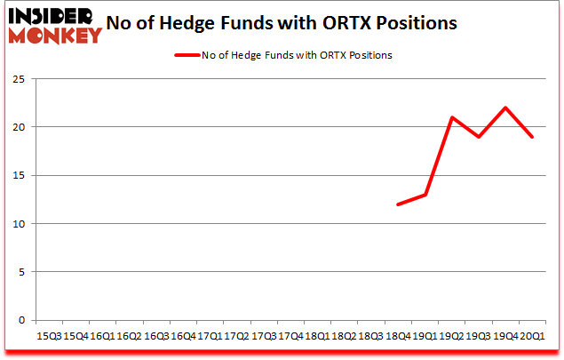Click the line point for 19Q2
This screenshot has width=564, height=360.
[452, 117]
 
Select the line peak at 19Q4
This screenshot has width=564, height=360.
[505, 108]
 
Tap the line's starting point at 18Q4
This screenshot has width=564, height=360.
[398, 204]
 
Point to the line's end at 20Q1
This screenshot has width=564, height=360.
[532, 137]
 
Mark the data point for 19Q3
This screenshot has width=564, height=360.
[479, 137]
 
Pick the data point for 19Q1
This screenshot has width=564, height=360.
[425, 195]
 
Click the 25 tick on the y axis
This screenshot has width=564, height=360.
[18, 79]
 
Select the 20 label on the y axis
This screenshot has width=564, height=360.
[18, 127]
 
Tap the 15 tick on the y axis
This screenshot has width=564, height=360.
[18, 175]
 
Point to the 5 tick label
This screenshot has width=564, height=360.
[20, 272]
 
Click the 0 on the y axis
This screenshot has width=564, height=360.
[20, 320]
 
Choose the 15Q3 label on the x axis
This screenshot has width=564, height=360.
[49, 338]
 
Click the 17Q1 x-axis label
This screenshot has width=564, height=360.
[210, 338]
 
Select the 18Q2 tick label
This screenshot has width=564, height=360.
[344, 338]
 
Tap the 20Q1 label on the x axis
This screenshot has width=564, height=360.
[532, 338]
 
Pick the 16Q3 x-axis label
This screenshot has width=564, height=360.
[156, 338]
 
